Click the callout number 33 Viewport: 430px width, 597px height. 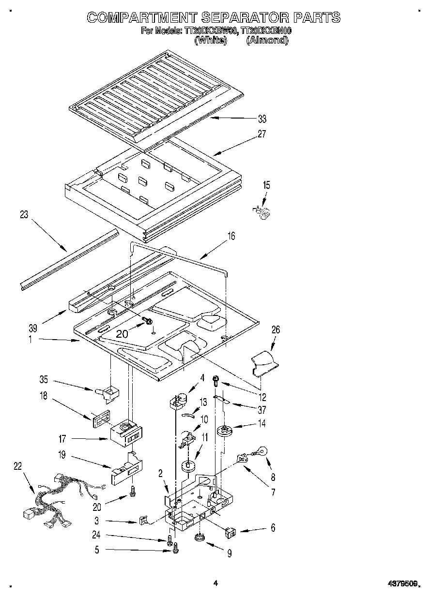tap(262, 119)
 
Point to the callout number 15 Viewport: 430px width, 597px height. tap(266, 185)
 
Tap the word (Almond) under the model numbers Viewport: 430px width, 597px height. tap(267, 41)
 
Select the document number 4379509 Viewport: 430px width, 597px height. tap(401, 584)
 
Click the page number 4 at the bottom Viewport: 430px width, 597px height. tap(215, 583)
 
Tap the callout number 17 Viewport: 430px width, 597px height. tap(62, 439)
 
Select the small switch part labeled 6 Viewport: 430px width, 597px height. tap(231, 533)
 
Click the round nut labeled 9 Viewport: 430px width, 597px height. tap(199, 537)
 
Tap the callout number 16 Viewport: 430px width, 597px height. tap(231, 236)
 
